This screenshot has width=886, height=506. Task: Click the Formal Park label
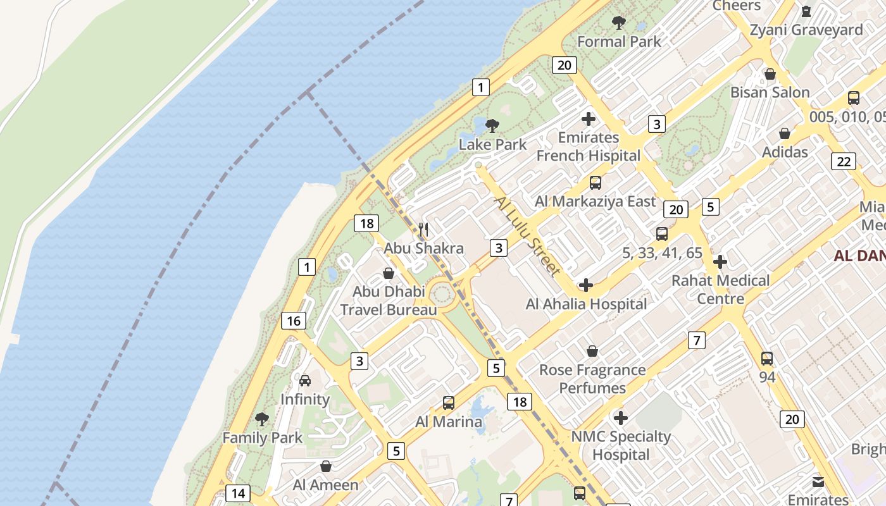pyautogui.click(x=619, y=42)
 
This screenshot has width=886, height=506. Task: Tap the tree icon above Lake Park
pyautogui.click(x=492, y=125)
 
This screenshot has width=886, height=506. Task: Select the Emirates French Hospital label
pyautogui.click(x=589, y=147)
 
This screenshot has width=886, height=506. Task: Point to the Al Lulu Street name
pyautogui.click(x=527, y=236)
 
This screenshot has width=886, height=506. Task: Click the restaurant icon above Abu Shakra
pyautogui.click(x=423, y=230)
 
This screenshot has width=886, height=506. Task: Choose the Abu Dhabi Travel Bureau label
pyautogui.click(x=389, y=301)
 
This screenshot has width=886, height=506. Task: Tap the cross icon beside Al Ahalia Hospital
pyautogui.click(x=586, y=285)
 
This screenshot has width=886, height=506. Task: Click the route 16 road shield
pyautogui.click(x=294, y=321)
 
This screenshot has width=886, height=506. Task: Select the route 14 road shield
pyautogui.click(x=238, y=493)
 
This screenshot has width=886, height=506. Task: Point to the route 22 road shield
pyautogui.click(x=844, y=161)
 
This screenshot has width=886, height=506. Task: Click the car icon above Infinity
pyautogui.click(x=305, y=380)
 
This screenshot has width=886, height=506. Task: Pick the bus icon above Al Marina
pyautogui.click(x=449, y=402)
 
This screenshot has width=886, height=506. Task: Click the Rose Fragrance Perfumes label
pyautogui.click(x=592, y=379)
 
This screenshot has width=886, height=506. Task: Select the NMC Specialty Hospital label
pyautogui.click(x=621, y=445)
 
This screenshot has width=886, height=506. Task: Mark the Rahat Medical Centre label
pyautogui.click(x=721, y=289)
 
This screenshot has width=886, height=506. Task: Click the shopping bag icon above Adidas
pyautogui.click(x=785, y=133)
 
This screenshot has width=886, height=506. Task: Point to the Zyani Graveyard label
pyautogui.click(x=806, y=30)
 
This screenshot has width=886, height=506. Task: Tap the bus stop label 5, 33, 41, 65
pyautogui.click(x=662, y=253)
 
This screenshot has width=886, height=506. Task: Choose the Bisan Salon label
pyautogui.click(x=770, y=92)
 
